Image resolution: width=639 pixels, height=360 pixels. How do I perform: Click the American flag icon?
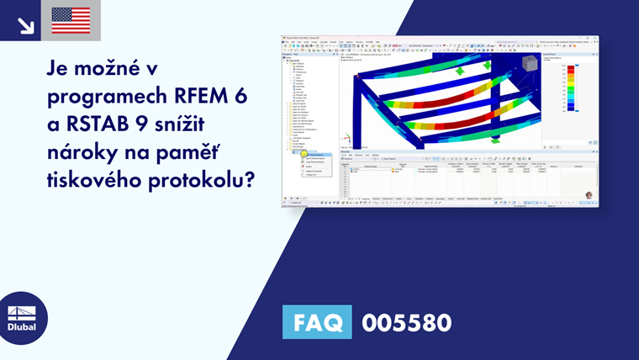(x=71, y=20)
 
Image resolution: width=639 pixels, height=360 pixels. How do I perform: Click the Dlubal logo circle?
(x=24, y=317)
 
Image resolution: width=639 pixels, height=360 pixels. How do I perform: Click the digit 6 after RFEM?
(x=241, y=96)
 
